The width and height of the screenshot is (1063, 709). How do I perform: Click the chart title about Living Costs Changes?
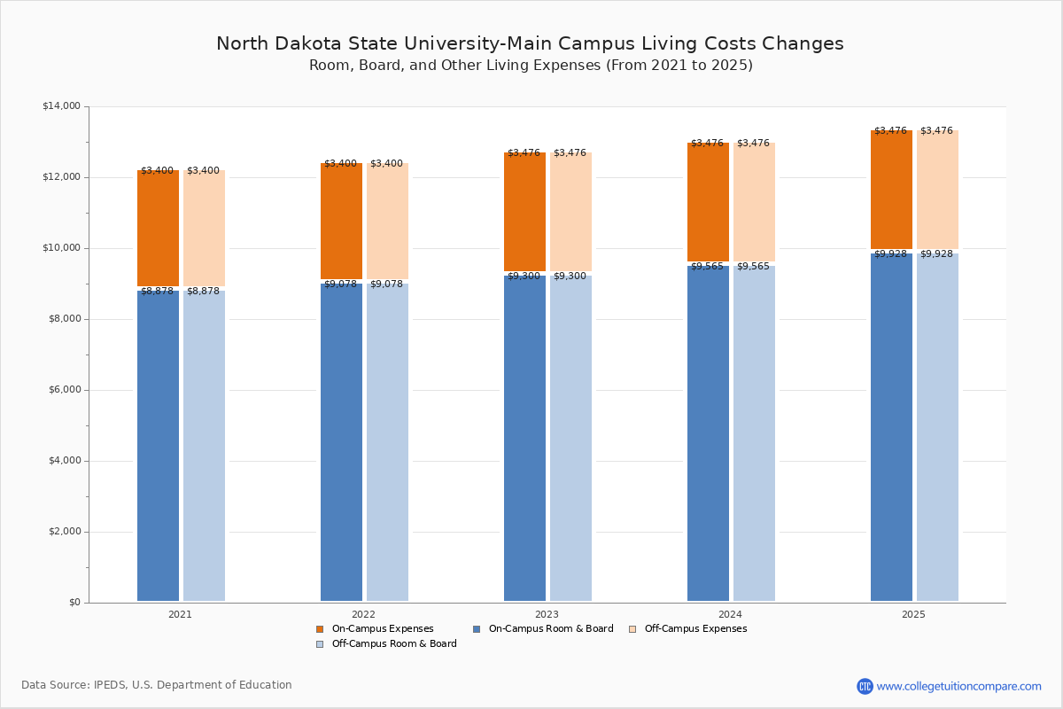click(530, 43)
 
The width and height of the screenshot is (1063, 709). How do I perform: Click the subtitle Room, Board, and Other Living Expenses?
click(531, 66)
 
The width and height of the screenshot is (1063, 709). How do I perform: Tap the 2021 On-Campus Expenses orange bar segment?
click(158, 229)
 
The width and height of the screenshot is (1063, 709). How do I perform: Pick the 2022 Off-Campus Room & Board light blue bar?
click(387, 442)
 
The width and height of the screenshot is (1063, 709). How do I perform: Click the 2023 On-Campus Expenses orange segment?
click(524, 212)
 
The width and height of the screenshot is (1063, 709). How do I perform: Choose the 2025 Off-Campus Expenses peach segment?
click(937, 190)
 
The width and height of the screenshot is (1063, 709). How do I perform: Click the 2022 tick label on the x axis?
click(363, 614)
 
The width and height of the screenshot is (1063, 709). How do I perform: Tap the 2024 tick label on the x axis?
click(730, 614)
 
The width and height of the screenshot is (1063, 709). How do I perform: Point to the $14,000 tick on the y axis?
click(61, 106)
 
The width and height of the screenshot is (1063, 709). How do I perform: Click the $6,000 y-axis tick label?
click(64, 390)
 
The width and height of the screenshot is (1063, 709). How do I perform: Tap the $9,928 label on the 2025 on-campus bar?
click(890, 254)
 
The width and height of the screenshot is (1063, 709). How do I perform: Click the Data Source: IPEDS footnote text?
click(157, 685)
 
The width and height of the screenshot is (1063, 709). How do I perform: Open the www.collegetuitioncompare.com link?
click(958, 686)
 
